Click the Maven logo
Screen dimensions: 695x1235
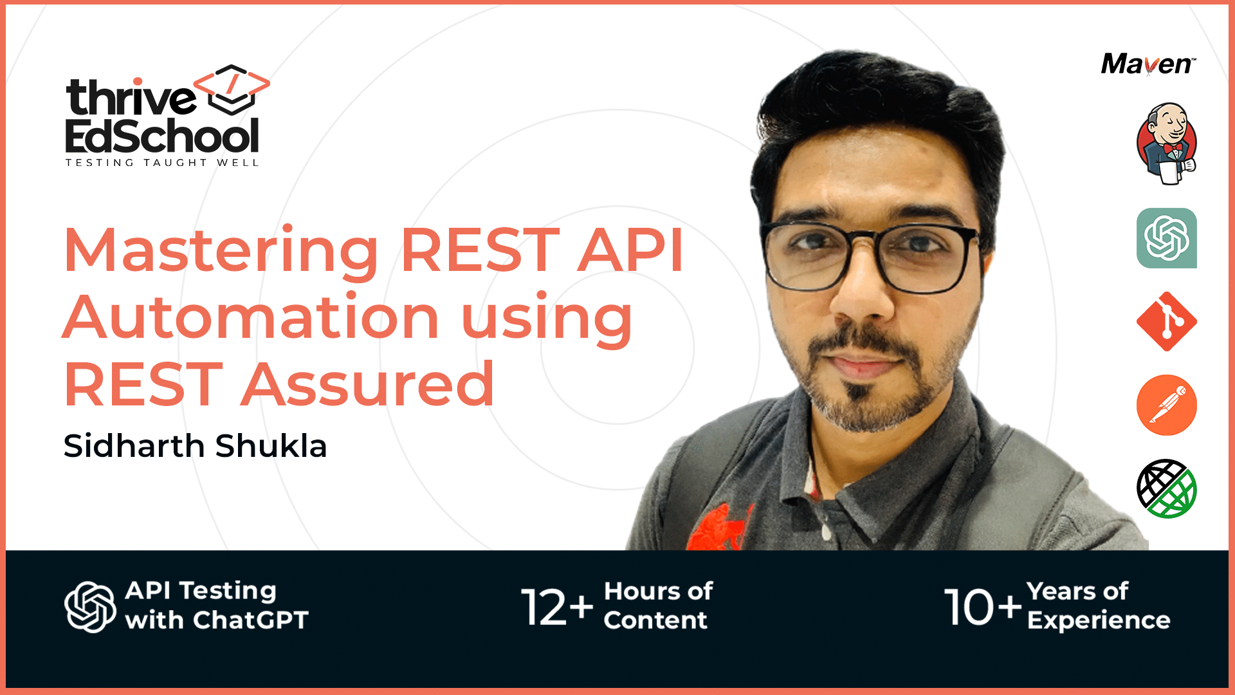pyautogui.click(x=1148, y=64)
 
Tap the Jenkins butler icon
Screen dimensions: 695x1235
pyautogui.click(x=1166, y=143)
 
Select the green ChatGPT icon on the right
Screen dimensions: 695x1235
pyautogui.click(x=1166, y=238)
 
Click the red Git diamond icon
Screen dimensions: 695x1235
pyautogui.click(x=1166, y=321)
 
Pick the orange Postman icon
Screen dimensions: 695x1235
pyautogui.click(x=1166, y=405)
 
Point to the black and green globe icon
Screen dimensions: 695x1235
pyautogui.click(x=1166, y=488)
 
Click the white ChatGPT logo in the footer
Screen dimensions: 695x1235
pyautogui.click(x=90, y=607)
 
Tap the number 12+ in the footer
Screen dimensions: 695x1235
pyautogui.click(x=556, y=607)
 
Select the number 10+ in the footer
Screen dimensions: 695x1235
pyautogui.click(x=982, y=607)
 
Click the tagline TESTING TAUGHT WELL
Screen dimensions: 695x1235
pyautogui.click(x=162, y=163)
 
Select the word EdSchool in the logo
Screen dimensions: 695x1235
pyautogui.click(x=162, y=136)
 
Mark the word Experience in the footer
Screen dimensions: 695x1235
pyautogui.click(x=1099, y=620)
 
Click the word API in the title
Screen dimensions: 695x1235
pyautogui.click(x=630, y=251)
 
